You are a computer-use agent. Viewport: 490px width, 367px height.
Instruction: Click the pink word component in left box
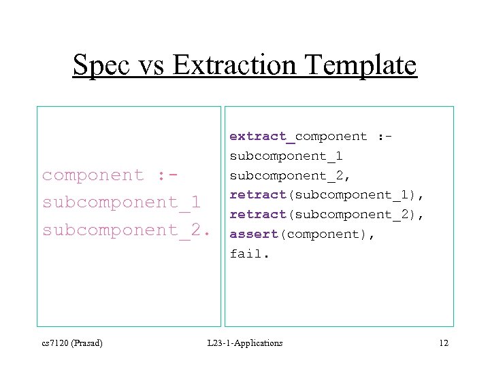(93, 175)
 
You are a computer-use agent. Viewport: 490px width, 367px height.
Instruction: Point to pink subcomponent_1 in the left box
(121, 203)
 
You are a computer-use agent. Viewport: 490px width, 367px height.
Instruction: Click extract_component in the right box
(298, 136)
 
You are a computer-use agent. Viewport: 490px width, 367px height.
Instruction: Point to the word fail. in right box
(249, 254)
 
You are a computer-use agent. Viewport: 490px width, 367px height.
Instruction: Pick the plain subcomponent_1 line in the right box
(286, 156)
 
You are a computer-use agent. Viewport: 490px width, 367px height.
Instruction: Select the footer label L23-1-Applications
(245, 343)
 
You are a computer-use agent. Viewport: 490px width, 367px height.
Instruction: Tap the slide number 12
(443, 343)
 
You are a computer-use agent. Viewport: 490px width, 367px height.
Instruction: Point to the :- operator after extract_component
(385, 136)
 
